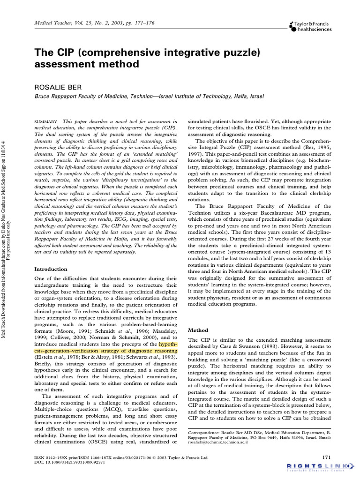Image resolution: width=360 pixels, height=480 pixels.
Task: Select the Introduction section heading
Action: point(53,269)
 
